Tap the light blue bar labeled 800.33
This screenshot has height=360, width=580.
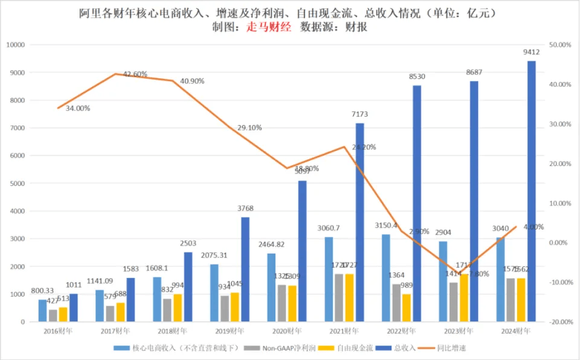click(x=42, y=310)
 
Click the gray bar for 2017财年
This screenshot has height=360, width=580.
click(x=109, y=313)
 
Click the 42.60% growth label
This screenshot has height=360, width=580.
click(x=135, y=74)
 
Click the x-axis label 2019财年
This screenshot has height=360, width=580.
click(x=230, y=331)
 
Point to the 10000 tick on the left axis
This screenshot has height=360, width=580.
click(x=15, y=45)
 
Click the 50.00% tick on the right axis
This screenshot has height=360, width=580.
click(x=561, y=45)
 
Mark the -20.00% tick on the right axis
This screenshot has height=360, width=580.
click(x=561, y=322)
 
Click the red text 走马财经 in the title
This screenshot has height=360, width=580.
click(x=269, y=27)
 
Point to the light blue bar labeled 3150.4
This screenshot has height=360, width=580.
click(x=385, y=278)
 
